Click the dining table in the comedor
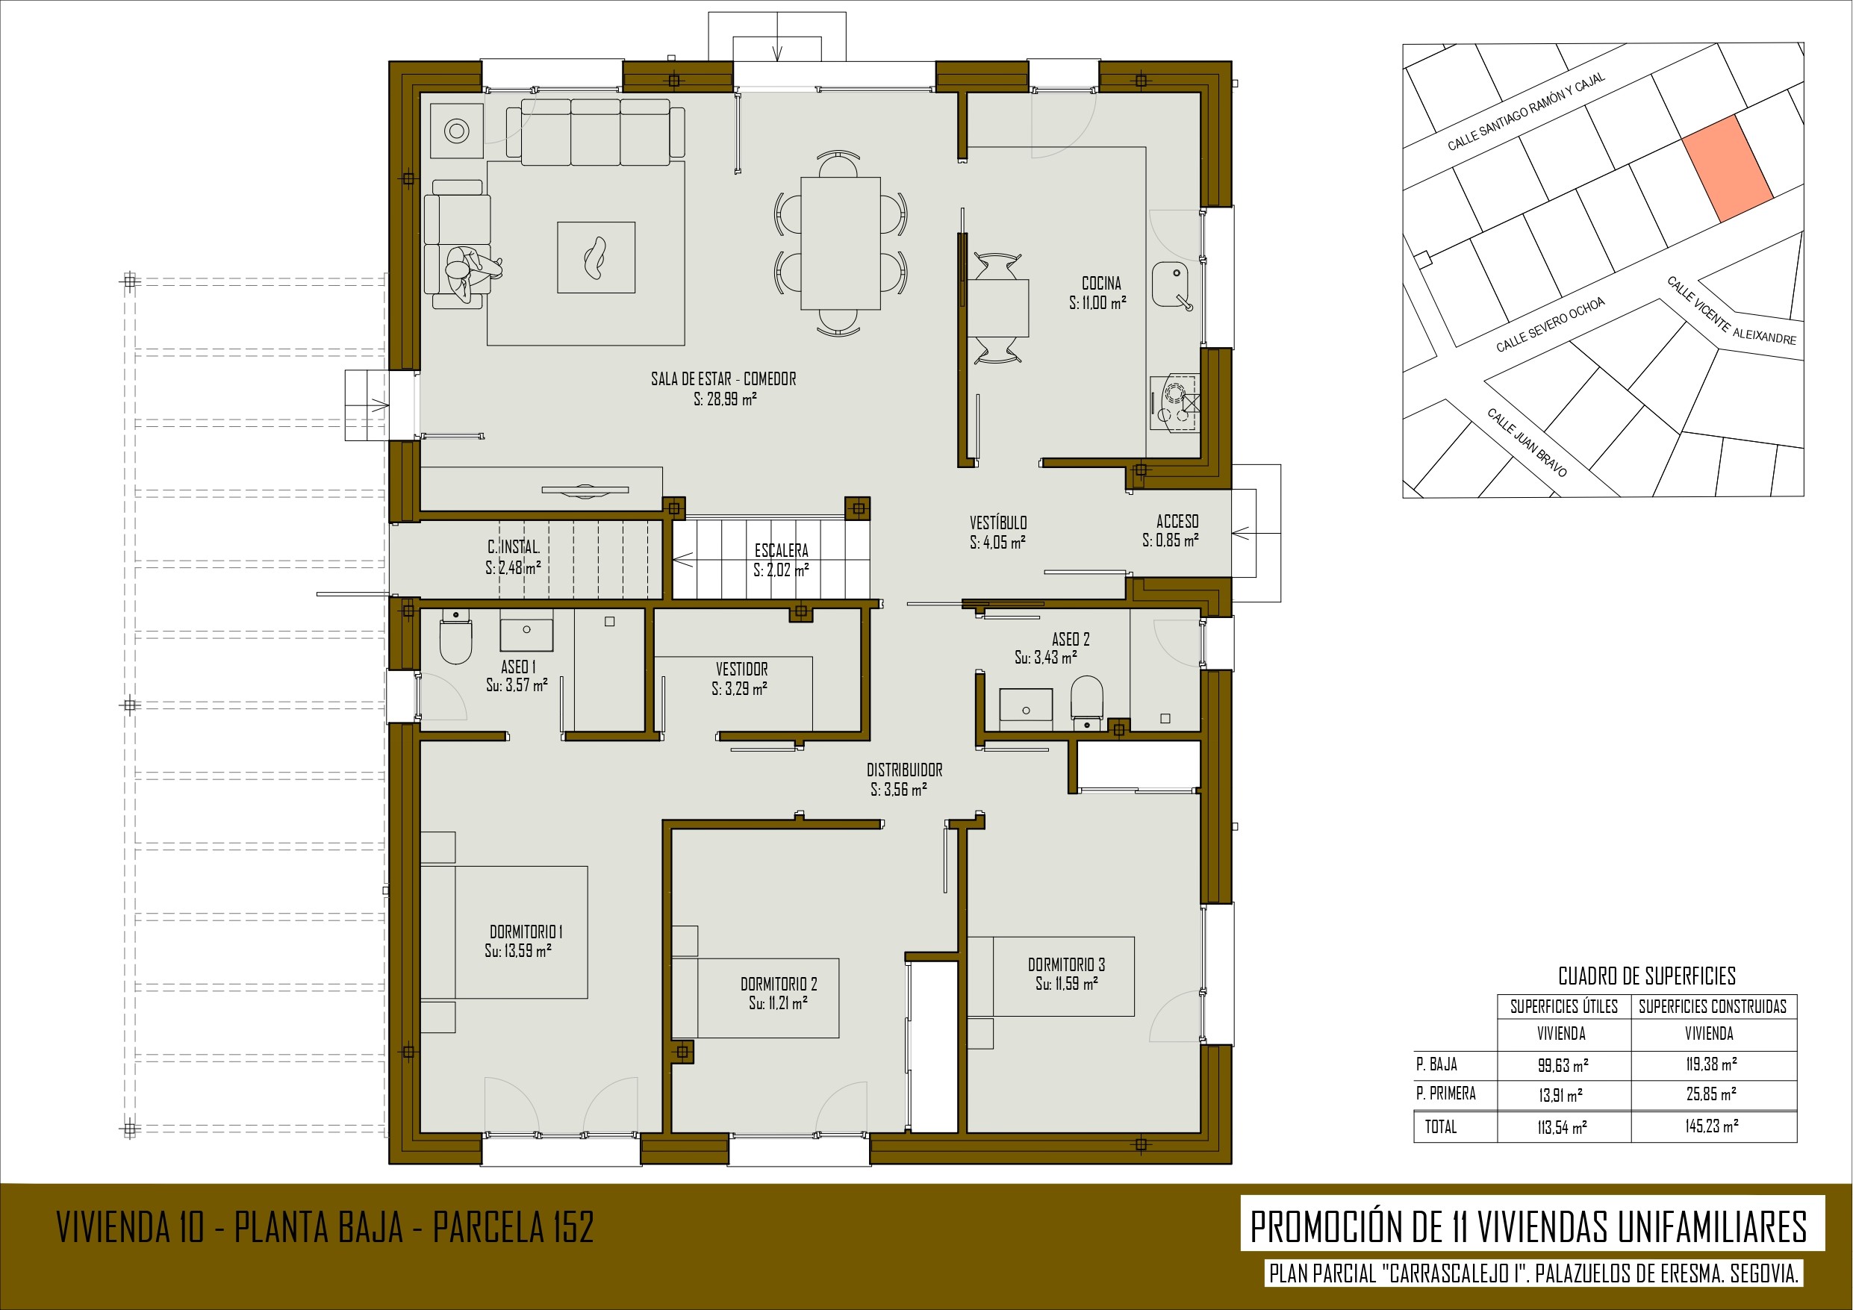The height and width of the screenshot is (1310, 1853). pyautogui.click(x=840, y=243)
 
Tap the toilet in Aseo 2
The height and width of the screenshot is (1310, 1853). pyautogui.click(x=1086, y=701)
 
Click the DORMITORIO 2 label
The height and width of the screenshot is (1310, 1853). pyautogui.click(x=779, y=984)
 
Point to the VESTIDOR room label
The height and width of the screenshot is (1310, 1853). pyautogui.click(x=741, y=669)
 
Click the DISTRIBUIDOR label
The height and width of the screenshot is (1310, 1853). pyautogui.click(x=904, y=770)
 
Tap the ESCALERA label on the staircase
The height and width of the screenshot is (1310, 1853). pyautogui.click(x=781, y=550)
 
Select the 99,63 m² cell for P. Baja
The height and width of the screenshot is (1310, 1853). pyautogui.click(x=1563, y=1064)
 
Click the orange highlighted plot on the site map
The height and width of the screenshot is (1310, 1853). pyautogui.click(x=1727, y=168)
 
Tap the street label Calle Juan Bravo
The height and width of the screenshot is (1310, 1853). pyautogui.click(x=1527, y=443)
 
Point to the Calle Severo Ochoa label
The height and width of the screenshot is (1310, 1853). pyautogui.click(x=1551, y=325)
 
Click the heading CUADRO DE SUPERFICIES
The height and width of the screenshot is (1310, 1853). pyautogui.click(x=1646, y=976)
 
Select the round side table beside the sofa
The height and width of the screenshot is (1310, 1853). pyautogui.click(x=457, y=131)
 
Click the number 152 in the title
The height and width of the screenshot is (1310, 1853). pyautogui.click(x=573, y=1228)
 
